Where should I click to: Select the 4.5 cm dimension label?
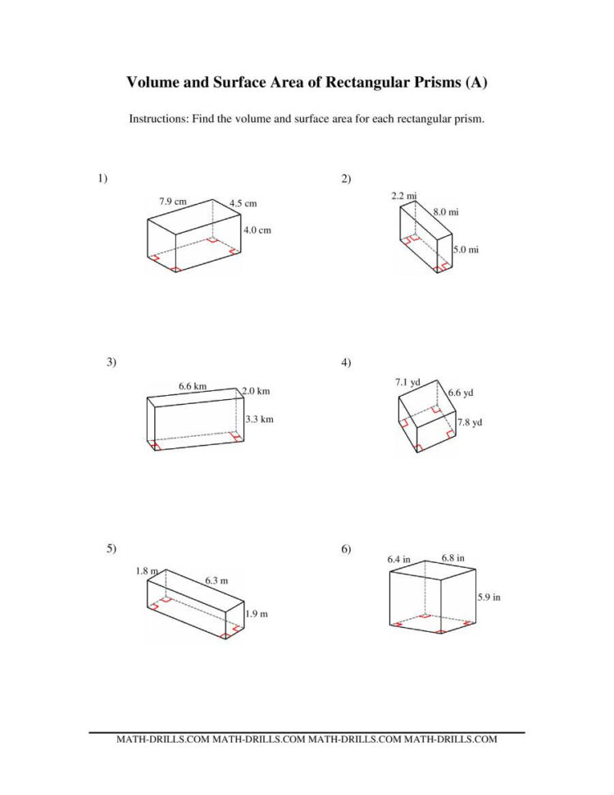pos(243,203)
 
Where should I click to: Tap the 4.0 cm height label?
pos(257,230)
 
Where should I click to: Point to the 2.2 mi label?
pos(404,196)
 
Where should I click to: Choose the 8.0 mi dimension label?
pos(446,212)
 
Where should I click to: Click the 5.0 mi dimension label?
pos(466,250)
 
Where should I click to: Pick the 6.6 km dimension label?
pos(193,385)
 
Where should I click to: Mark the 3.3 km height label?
pos(259,419)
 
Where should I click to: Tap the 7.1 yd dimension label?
pos(407,382)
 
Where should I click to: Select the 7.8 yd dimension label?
pos(470,422)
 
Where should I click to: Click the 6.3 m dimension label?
pos(216,581)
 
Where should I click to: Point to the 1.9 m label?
pos(257,614)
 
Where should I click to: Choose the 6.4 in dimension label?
pos(399,559)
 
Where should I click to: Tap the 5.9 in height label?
pos(489,597)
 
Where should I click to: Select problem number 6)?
pos(346,549)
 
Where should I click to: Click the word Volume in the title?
pos(155,83)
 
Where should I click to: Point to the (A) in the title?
pos(476,83)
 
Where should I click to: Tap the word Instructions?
pos(158,119)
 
